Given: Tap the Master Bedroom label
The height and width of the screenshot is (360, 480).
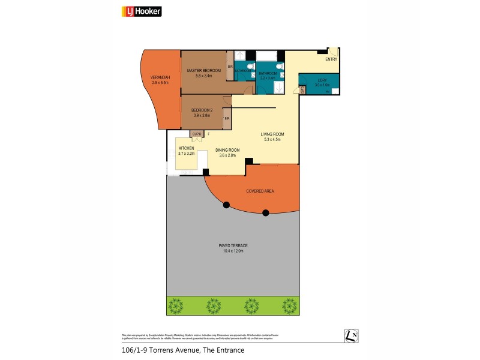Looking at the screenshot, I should click(203, 71).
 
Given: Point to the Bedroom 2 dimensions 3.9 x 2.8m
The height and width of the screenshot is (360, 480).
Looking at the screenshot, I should click(200, 115).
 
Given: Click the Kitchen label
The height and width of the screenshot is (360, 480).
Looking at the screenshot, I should click(185, 148).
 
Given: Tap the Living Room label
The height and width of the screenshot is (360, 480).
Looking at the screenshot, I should click(272, 134).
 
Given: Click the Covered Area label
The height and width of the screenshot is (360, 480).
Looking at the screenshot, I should click(260, 191).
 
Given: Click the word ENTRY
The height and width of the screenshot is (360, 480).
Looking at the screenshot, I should click(331, 59).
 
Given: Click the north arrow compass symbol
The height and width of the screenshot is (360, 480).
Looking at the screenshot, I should click(352, 336).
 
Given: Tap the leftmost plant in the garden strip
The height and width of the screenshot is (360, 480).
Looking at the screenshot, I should click(175, 305).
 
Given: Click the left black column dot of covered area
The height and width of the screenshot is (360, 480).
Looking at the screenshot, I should click(227, 206).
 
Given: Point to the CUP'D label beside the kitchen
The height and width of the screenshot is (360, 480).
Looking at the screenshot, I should click(196, 134).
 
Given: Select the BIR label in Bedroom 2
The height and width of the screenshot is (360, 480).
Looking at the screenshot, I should click(227, 119).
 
